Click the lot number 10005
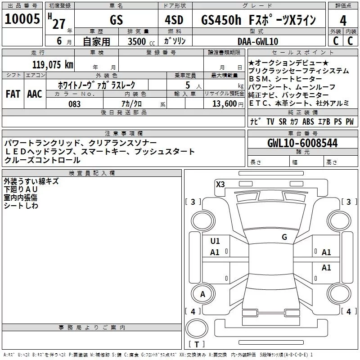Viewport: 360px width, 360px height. click(22, 19)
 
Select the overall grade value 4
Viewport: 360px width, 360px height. click(343, 21)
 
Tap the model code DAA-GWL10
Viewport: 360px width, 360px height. click(258, 41)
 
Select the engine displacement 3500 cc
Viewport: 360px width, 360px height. click(137, 41)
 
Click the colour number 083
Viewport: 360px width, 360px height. click(75, 104)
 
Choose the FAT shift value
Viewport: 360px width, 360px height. click(13, 94)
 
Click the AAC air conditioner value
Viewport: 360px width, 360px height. click(34, 94)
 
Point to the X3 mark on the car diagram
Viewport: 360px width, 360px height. click(220, 184)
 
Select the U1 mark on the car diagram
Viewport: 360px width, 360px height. click(215, 241)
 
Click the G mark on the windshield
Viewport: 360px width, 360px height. click(284, 237)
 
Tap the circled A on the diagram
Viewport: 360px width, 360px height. click(202, 294)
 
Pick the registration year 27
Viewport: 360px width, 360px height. click(58, 23)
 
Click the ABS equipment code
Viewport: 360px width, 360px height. click(308, 122)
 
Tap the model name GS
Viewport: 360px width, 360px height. click(116, 21)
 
